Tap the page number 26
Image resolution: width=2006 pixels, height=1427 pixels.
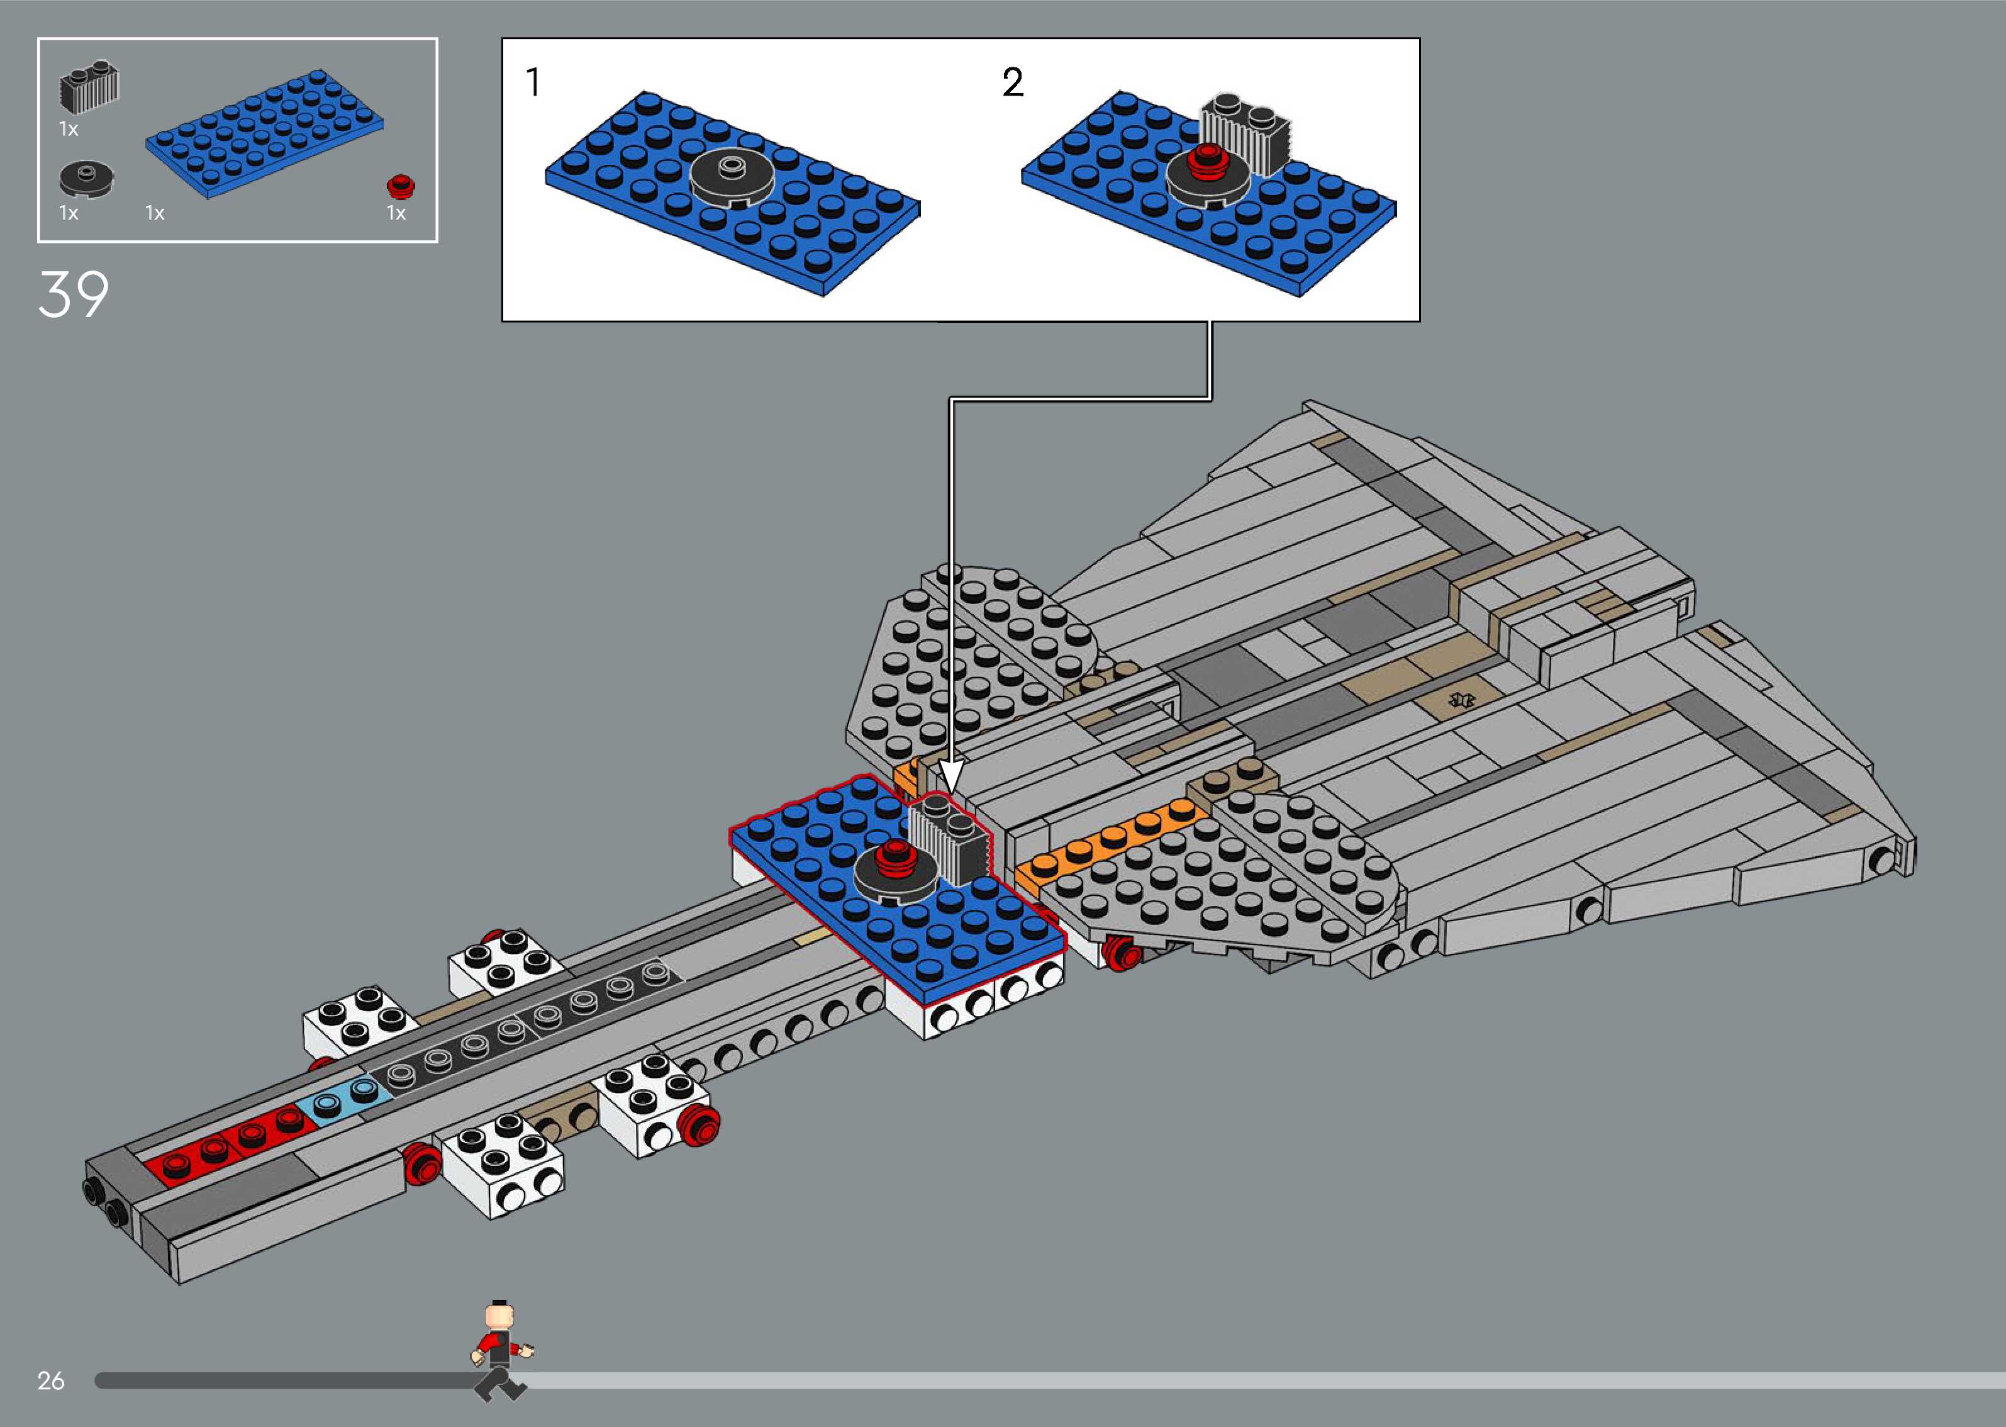51,1380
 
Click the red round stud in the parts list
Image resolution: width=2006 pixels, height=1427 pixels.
401,186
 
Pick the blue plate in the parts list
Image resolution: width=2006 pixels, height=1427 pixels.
264,133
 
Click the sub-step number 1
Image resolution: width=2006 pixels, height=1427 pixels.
532,82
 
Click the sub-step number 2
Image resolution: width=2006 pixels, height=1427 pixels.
1013,82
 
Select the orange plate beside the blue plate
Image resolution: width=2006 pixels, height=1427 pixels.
1106,844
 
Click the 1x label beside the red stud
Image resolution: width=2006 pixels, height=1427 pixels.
396,213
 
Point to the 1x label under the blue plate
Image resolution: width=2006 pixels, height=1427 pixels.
155,213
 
